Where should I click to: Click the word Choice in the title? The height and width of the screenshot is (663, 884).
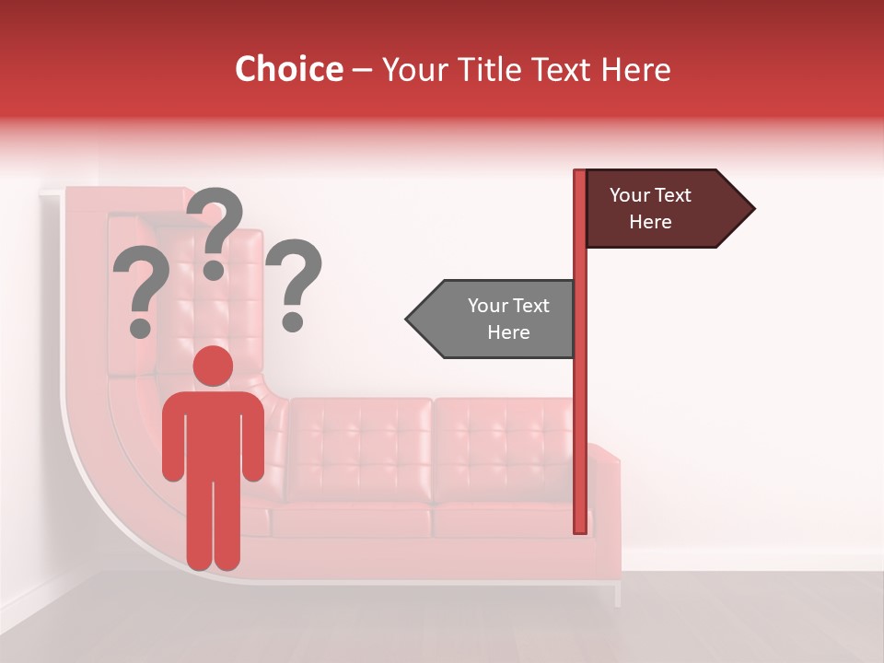click(x=288, y=70)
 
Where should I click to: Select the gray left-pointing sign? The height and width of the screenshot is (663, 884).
click(x=497, y=319)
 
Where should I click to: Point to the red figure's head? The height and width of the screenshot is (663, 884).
click(x=213, y=366)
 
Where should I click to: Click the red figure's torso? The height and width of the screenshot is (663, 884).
click(x=213, y=433)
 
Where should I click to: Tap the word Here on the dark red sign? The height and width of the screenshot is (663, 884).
click(x=650, y=222)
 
